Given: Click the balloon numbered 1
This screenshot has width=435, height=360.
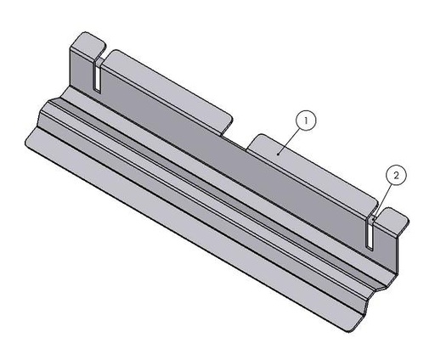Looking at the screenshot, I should pyautogui.click(x=306, y=121).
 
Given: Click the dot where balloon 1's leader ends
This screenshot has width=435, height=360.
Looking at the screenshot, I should pyautogui.click(x=278, y=153).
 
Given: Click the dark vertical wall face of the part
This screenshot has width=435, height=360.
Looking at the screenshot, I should pyautogui.click(x=229, y=161).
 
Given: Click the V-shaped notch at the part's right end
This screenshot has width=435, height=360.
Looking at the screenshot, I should pyautogui.click(x=378, y=293).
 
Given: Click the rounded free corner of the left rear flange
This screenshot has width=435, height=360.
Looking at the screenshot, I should pyautogui.click(x=228, y=111).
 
